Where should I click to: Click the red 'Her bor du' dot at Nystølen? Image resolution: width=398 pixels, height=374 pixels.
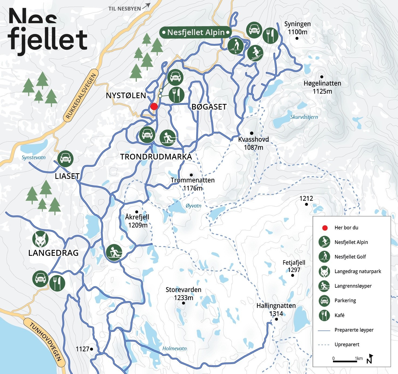(154, 106)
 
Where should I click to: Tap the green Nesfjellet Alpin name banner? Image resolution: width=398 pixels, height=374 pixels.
(196, 32)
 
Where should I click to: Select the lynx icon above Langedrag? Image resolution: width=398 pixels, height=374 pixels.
(40, 239)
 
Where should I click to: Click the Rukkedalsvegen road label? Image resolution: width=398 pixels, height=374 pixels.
(81, 96)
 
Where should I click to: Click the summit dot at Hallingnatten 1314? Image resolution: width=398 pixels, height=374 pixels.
(276, 319)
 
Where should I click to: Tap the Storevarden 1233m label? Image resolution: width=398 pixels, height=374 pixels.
(183, 294)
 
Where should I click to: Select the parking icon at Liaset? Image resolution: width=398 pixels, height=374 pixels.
(65, 158)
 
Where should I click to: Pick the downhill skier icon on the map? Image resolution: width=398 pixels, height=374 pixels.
(255, 53)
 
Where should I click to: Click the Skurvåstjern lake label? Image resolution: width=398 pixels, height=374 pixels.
(304, 117)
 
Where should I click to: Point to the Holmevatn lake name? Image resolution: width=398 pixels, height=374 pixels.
(174, 348)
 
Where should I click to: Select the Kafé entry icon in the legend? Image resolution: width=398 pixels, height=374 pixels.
(324, 315)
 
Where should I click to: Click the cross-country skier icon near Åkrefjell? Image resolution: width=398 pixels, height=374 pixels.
(114, 253)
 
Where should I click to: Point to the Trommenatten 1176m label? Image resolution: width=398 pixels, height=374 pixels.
(192, 184)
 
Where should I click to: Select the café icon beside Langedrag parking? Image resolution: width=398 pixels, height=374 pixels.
(57, 283)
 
